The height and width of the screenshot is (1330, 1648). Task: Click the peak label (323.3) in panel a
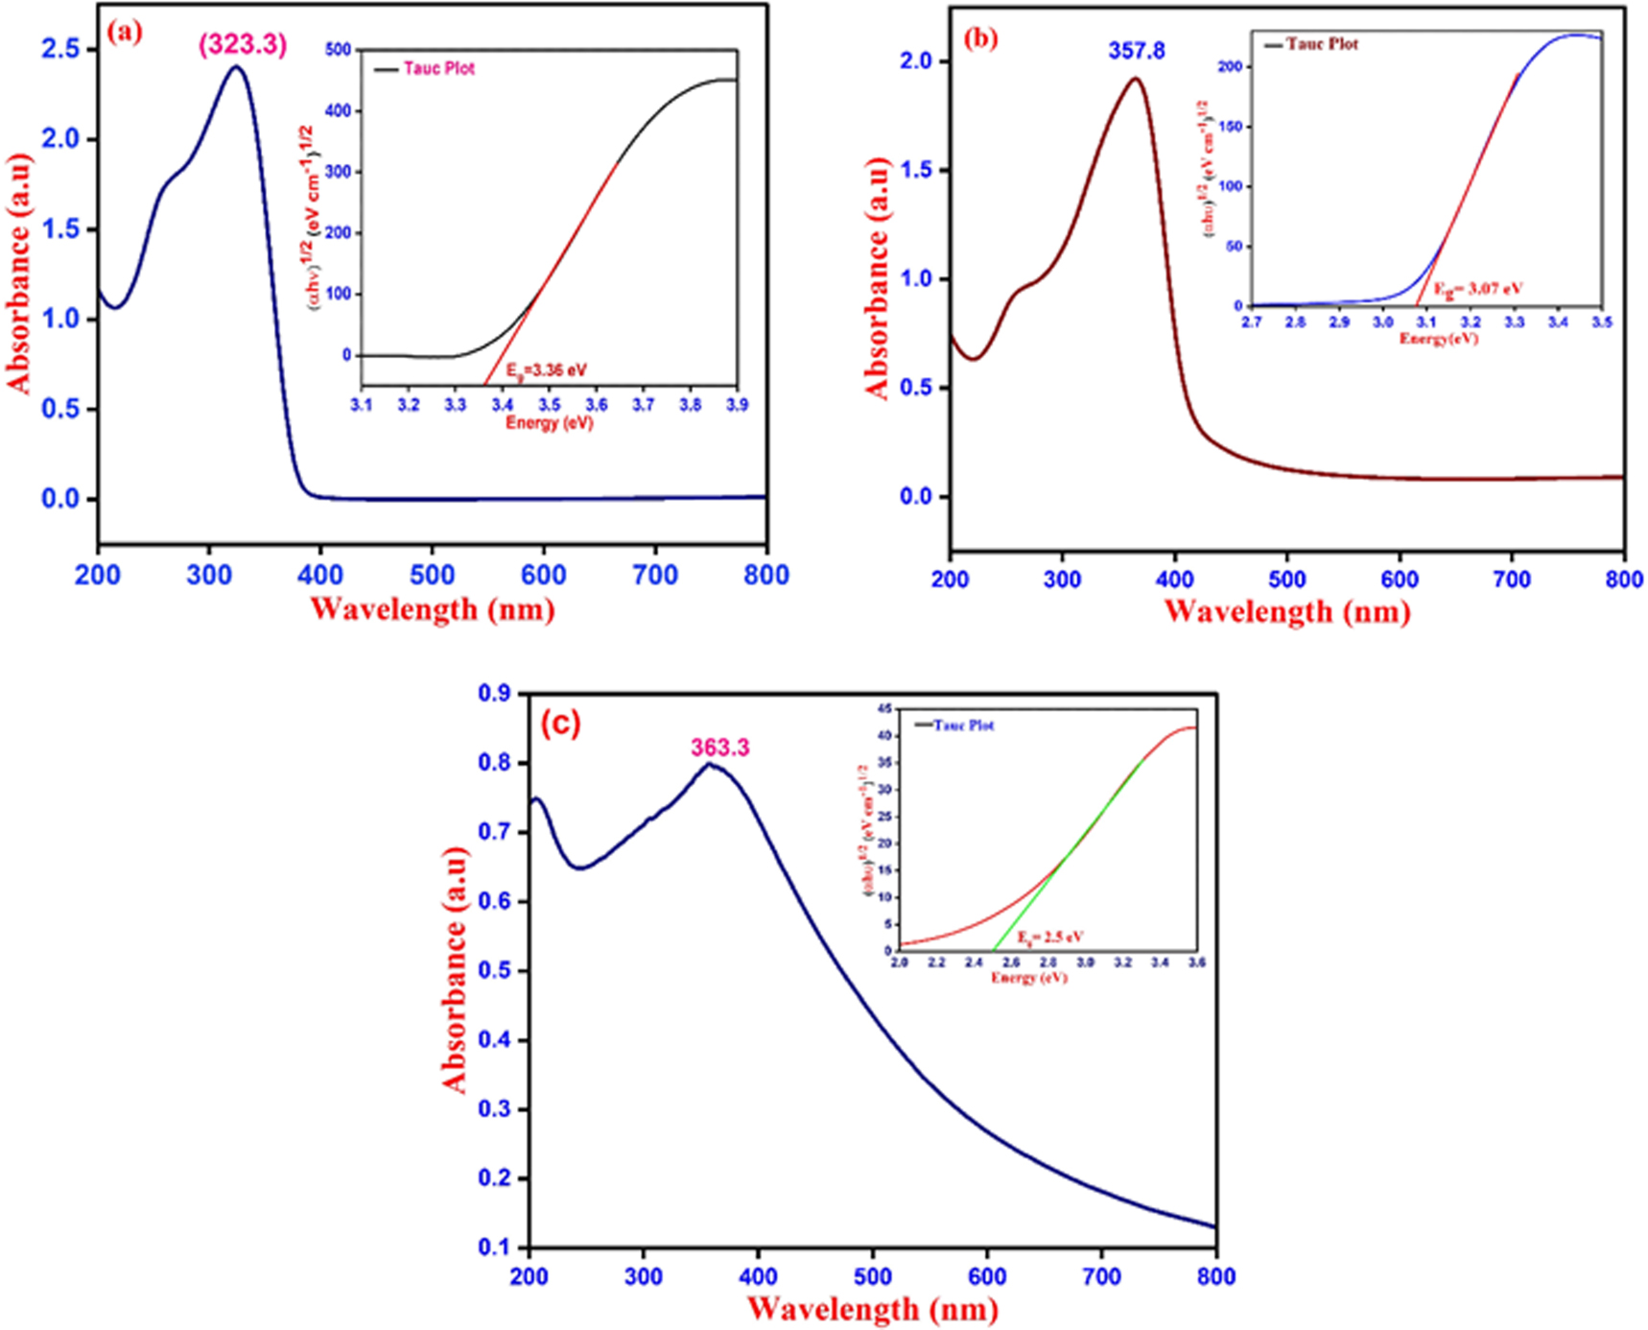pyautogui.click(x=242, y=45)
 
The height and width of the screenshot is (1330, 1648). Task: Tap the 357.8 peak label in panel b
pyautogui.click(x=1136, y=51)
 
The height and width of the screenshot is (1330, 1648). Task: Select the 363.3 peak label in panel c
pyautogui.click(x=720, y=748)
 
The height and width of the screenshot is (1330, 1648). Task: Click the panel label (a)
pyautogui.click(x=125, y=32)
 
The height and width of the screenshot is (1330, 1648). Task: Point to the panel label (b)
pyautogui.click(x=980, y=37)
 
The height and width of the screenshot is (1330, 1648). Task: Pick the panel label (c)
pyautogui.click(x=560, y=724)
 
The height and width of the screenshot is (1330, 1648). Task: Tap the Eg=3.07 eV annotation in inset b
pyautogui.click(x=1477, y=288)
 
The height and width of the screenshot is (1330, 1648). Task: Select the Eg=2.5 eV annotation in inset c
pyautogui.click(x=1050, y=937)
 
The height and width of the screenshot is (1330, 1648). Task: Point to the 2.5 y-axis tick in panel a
pyautogui.click(x=60, y=49)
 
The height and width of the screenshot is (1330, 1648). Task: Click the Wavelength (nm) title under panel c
pyautogui.click(x=872, y=1308)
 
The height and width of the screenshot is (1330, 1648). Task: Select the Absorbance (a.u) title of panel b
pyautogui.click(x=877, y=278)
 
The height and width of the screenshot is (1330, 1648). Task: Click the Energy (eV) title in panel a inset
pyautogui.click(x=549, y=422)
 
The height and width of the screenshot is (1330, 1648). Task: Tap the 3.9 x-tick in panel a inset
pyautogui.click(x=737, y=405)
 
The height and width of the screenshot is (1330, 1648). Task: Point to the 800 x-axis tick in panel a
pyautogui.click(x=765, y=575)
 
